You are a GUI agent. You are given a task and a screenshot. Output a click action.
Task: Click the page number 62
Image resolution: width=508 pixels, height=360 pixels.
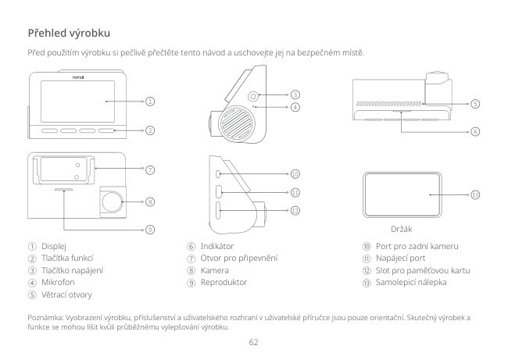tap(253, 341)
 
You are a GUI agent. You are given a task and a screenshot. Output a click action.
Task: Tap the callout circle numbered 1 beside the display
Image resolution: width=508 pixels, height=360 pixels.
tap(148, 101)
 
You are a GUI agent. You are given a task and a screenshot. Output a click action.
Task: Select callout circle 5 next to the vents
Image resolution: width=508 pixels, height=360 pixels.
tap(475, 104)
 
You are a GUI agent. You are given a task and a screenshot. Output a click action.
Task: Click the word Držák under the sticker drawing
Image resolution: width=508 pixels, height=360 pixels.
tap(402, 230)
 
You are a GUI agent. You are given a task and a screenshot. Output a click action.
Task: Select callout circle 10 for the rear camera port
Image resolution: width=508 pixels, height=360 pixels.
tap(295, 173)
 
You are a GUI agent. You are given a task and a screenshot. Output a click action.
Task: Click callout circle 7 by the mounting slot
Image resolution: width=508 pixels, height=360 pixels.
tap(148, 169)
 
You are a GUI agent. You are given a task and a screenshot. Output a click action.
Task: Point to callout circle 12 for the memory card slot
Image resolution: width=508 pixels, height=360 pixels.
tap(295, 210)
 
